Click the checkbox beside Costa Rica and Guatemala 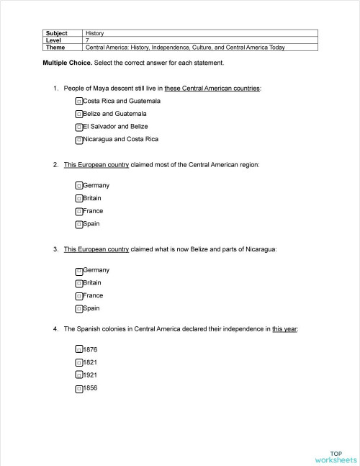click(78, 102)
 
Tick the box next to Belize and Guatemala click(78, 115)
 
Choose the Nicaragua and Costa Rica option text click(120, 139)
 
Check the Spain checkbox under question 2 click(78, 225)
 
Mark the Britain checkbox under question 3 click(78, 284)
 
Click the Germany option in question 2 click(96, 186)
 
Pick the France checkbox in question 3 click(78, 296)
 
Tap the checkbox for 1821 click(78, 363)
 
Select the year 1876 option click(90, 350)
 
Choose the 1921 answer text click(90, 375)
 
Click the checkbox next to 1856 click(78, 389)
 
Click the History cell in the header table click(95, 33)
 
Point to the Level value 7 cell click(87, 40)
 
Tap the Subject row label click(57, 33)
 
